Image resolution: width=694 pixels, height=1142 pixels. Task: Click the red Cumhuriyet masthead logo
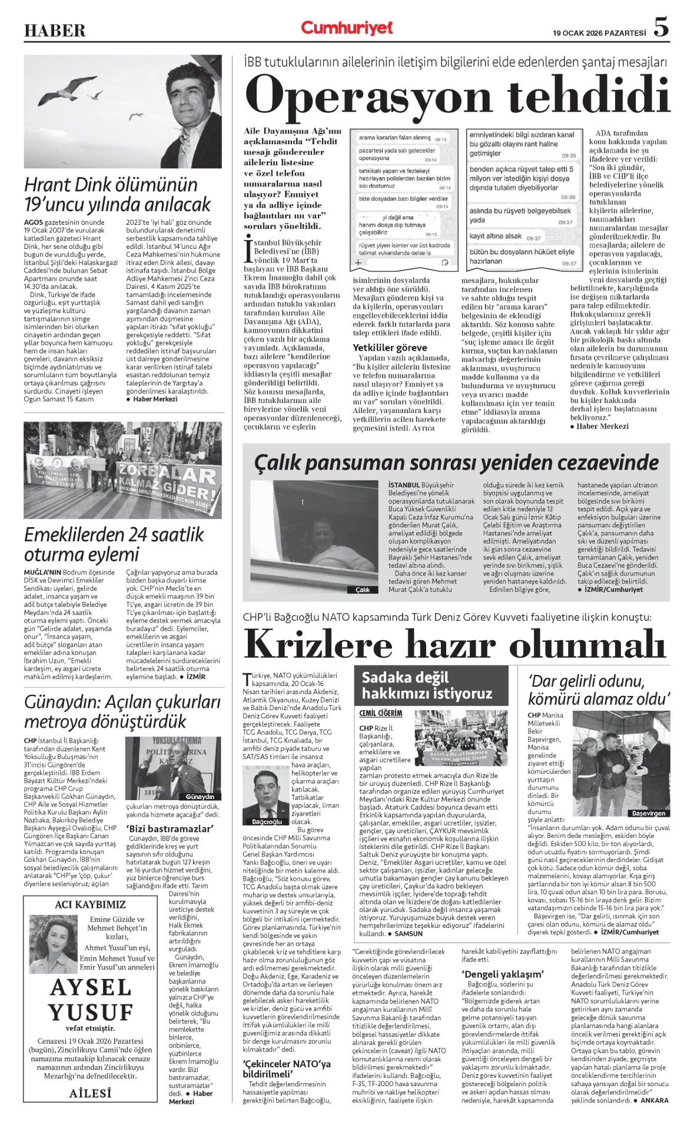(347, 28)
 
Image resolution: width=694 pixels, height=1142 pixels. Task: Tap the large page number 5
(661, 27)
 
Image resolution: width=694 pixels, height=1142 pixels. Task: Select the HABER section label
(54, 31)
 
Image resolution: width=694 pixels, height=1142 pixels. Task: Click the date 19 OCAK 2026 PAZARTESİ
(599, 33)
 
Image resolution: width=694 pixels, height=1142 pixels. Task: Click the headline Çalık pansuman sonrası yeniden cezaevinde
(456, 462)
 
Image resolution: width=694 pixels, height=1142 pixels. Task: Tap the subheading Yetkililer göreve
(390, 348)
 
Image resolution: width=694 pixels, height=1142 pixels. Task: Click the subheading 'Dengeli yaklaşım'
(502, 974)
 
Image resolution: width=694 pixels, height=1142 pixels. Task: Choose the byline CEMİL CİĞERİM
(381, 713)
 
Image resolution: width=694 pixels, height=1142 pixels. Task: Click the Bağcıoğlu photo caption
(267, 821)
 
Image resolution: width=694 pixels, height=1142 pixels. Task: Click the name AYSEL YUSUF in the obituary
(91, 1000)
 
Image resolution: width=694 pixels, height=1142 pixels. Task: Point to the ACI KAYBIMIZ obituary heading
(90, 904)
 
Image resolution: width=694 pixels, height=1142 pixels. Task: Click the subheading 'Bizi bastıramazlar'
(170, 828)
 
